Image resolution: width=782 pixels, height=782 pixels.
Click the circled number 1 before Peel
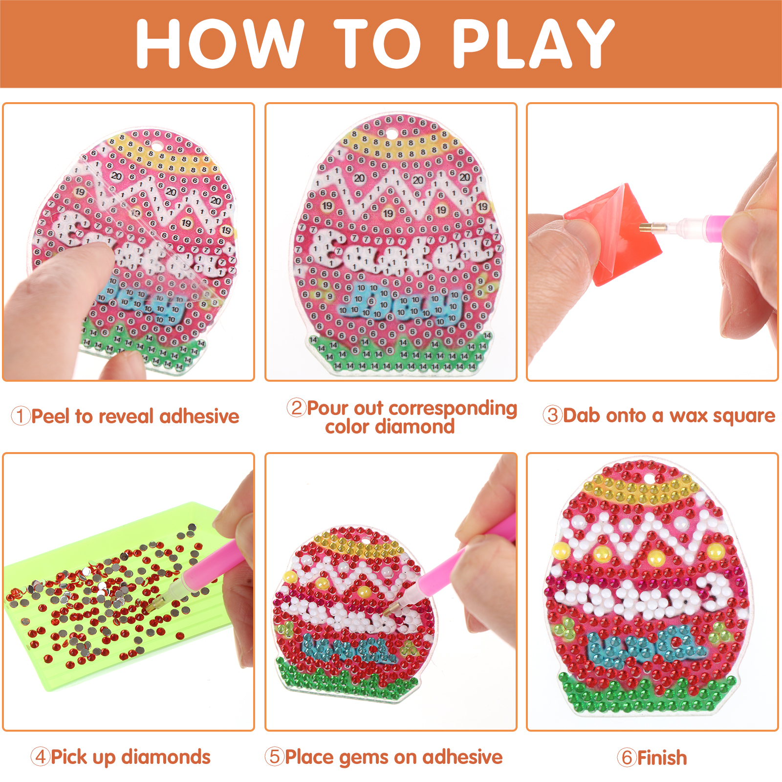click(x=21, y=416)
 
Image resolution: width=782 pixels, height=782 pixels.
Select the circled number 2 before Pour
click(x=296, y=408)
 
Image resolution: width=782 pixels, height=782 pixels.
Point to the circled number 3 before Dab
click(x=552, y=415)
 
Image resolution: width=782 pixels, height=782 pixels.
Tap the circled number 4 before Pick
click(x=40, y=757)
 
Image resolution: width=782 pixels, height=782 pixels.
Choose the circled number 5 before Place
click(x=274, y=757)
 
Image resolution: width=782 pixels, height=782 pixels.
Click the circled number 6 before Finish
click(x=627, y=758)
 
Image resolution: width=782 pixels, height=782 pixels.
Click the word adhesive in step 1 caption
click(x=199, y=416)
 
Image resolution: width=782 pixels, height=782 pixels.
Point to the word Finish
click(x=662, y=758)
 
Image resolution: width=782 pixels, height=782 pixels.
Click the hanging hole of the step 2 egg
click(x=391, y=133)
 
